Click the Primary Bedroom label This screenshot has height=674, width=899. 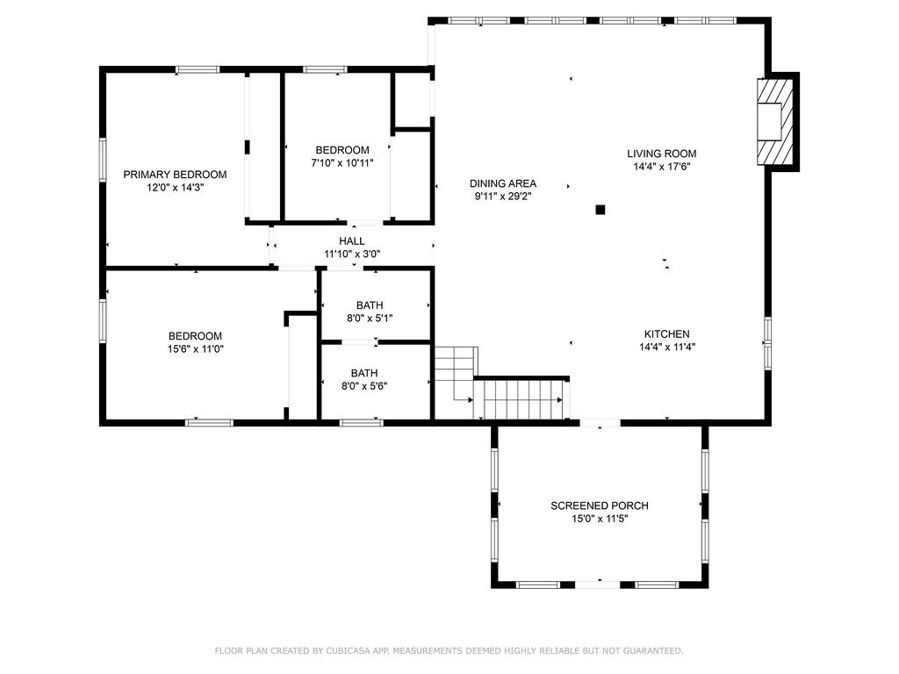pos(175,175)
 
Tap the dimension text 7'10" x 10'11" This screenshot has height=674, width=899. pos(342,163)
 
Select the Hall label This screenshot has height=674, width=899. pos(352,241)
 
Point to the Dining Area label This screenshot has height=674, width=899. pos(503,183)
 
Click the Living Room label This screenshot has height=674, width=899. pos(661,154)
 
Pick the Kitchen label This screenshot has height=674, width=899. pos(666,334)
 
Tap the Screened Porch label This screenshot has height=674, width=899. pos(600,505)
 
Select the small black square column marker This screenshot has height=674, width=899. pos(601,209)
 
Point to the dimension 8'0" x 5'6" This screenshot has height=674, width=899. pos(364,385)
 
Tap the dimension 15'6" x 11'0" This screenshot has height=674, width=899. pos(195,348)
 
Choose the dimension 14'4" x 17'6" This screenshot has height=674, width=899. pos(661,167)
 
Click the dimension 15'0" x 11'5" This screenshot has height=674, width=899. pos(600,519)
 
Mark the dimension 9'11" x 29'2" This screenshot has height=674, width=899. pos(503,197)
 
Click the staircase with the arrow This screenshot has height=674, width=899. pos(521,400)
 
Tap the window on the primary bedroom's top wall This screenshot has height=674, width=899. pos(198,69)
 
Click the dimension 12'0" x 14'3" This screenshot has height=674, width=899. pos(175,188)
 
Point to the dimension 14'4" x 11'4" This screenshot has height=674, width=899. pos(666,348)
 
